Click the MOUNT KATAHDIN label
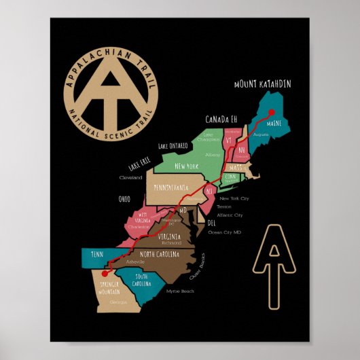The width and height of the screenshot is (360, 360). tap(262, 84)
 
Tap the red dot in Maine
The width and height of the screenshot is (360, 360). tap(270, 113)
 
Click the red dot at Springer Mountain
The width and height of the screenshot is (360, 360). tap(103, 273)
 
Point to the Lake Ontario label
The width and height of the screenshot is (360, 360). tap(173, 145)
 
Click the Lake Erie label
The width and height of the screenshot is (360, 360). tap(139, 163)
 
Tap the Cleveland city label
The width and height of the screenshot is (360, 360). tap(131, 177)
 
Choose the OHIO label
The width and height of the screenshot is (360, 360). tap(124, 199)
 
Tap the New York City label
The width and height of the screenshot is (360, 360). tap(235, 198)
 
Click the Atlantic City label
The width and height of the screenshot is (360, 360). tap(229, 215)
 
